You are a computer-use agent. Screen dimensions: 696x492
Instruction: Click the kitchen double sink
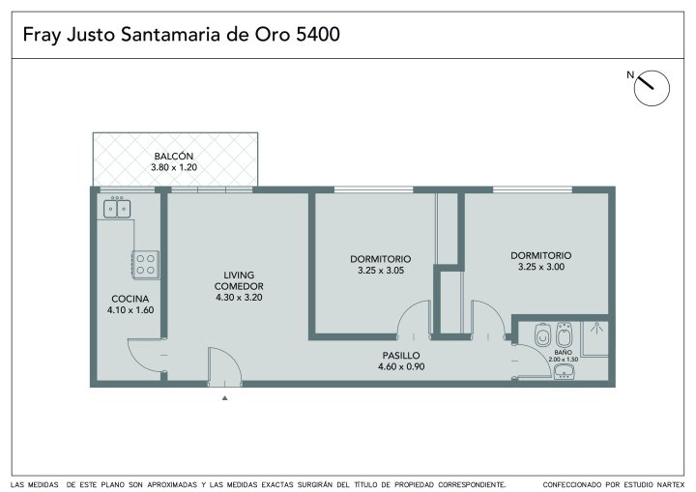click(x=117, y=209)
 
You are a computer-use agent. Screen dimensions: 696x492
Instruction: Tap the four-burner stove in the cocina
click(x=146, y=265)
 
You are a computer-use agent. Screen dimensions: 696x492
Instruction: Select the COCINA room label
click(x=130, y=299)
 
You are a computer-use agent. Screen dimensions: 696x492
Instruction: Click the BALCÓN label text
click(x=174, y=157)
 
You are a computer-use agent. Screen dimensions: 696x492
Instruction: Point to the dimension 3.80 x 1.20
click(x=174, y=167)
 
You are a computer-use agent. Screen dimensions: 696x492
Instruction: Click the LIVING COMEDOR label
click(x=239, y=280)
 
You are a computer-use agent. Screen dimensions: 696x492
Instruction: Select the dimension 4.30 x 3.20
click(x=239, y=298)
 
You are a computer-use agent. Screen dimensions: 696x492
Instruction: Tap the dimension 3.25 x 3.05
click(x=381, y=270)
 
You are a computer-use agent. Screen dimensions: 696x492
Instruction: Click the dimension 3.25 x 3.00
click(x=541, y=267)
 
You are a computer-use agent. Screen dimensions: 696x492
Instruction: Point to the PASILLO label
click(x=401, y=356)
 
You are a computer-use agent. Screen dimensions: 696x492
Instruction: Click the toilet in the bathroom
click(x=542, y=334)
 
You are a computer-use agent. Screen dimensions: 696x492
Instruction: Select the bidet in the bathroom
click(x=564, y=334)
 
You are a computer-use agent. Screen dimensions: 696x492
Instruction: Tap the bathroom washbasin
click(x=564, y=371)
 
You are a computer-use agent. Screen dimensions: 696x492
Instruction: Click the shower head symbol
click(x=596, y=328)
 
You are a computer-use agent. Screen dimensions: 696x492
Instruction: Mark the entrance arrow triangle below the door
click(x=224, y=398)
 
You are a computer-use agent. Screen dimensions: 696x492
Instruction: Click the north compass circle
click(x=652, y=88)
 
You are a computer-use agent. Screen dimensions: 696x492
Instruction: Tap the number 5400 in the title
click(x=318, y=35)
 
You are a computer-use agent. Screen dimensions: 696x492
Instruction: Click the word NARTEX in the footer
click(x=669, y=484)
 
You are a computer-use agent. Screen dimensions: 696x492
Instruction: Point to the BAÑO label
click(x=563, y=352)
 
